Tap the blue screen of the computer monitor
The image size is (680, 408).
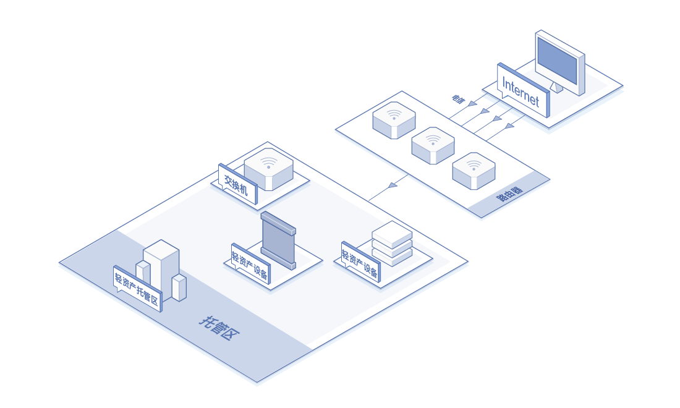click(556, 61)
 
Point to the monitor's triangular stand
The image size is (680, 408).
click(557, 87)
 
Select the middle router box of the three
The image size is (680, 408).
click(433, 145)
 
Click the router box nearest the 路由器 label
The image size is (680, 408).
click(474, 170)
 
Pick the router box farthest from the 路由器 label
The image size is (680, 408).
click(394, 120)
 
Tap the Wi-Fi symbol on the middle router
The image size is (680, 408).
click(433, 140)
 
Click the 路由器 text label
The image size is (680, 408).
click(509, 193)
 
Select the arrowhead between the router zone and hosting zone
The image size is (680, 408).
click(393, 185)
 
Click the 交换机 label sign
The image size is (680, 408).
click(237, 184)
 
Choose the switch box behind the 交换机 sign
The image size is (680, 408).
click(268, 168)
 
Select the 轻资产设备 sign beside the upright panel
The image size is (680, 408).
click(250, 263)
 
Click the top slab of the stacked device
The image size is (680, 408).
click(392, 233)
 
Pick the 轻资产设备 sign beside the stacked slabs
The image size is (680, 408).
click(360, 262)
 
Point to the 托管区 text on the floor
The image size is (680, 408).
click(219, 328)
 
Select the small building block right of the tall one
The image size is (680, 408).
click(179, 288)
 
